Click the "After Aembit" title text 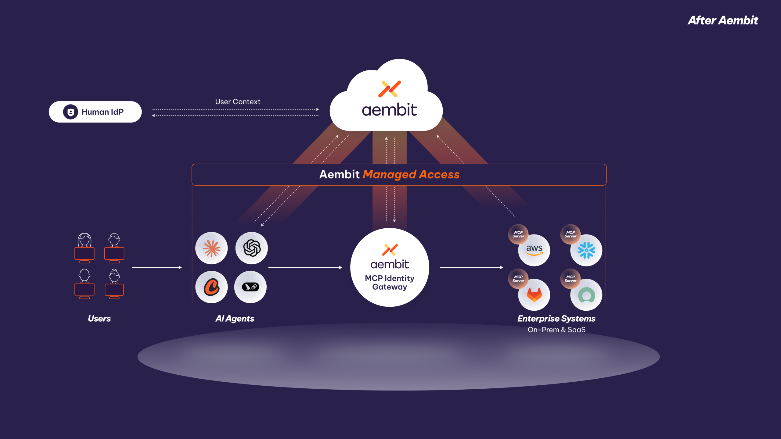(x=722, y=20)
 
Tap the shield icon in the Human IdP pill (x=70, y=112)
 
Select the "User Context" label (x=238, y=102)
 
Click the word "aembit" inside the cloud (x=389, y=110)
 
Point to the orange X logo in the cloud (x=390, y=89)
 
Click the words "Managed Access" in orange (x=411, y=174)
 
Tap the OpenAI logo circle (x=252, y=248)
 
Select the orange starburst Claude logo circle (x=211, y=248)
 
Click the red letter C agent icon (x=211, y=287)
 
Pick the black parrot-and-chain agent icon (x=250, y=287)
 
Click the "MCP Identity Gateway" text (x=390, y=282)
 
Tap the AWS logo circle (x=534, y=250)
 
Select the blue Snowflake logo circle (x=586, y=250)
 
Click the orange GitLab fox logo (x=534, y=295)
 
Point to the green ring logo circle (x=586, y=295)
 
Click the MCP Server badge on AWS (x=518, y=234)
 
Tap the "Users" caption (x=99, y=319)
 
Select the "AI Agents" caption (x=235, y=319)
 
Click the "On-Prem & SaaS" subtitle (x=556, y=330)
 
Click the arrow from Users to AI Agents (x=157, y=267)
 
